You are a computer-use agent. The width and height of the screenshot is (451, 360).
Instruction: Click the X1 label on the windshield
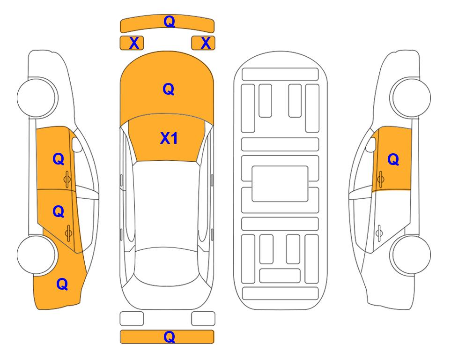pos(169,138)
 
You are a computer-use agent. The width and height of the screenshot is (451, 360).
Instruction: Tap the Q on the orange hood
pos(169,89)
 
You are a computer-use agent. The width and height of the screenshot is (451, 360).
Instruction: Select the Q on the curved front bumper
pos(169,21)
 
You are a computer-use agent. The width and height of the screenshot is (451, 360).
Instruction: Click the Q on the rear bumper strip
pos(169,337)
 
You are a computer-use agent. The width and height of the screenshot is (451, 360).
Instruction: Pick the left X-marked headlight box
pos(132,43)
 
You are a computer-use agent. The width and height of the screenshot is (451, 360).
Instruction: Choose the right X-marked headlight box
pos(203,43)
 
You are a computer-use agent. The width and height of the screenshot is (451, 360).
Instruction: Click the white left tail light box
pos(132,319)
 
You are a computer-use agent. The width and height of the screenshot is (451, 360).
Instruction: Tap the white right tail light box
pos(203,319)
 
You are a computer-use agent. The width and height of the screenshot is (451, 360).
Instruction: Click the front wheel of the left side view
pos(37,97)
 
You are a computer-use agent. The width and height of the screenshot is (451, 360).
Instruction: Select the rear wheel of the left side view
pos(36,255)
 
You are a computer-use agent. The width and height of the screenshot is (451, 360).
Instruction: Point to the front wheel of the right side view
pos(411,97)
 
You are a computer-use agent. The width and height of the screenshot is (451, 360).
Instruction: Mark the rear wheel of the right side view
pos(411,255)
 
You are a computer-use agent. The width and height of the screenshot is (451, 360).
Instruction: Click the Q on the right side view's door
pos(393,159)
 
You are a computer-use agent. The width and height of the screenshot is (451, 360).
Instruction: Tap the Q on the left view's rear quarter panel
pos(62,284)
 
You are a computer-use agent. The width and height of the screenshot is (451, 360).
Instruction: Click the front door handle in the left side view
pos(67,179)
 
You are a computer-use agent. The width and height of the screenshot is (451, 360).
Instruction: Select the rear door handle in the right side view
pos(379,233)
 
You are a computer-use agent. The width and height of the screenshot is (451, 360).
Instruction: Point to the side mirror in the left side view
pos(76,144)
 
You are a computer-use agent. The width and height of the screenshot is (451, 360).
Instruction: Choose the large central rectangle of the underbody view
pos(280,184)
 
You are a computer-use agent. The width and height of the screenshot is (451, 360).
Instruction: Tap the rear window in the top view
pos(167,266)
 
